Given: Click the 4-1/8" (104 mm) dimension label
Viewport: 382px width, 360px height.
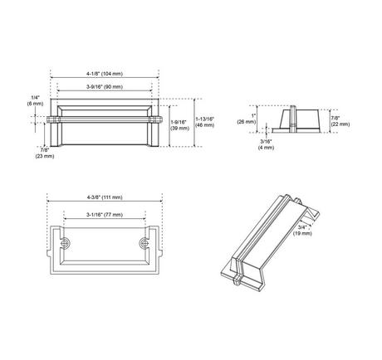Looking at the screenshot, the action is coord(105,74).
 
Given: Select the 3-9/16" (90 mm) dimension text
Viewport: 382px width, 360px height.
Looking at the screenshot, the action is coord(105,87).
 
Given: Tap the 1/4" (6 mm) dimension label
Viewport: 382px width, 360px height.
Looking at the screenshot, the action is coord(35,100).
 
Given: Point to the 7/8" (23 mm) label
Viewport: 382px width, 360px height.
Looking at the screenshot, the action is coord(45,153).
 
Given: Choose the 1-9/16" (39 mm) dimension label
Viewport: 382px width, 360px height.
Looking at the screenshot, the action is coord(179,125).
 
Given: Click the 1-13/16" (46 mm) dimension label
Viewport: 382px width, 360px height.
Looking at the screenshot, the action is coord(205,122).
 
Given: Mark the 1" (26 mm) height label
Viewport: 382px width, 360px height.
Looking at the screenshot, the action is coord(247,119).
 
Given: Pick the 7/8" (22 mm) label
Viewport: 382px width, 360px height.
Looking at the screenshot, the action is coord(340,121).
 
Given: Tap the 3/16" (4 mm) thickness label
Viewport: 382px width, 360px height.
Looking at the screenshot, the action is coord(266,144).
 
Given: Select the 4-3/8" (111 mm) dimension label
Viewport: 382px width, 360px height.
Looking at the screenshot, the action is coord(105,197).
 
